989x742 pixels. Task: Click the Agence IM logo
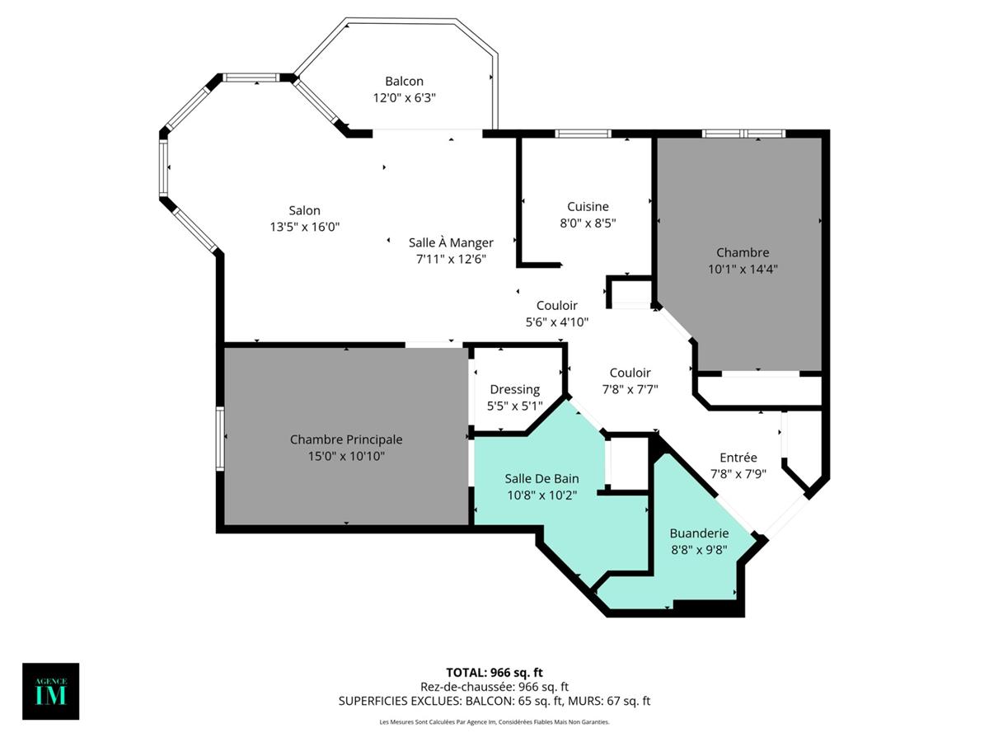[x=51, y=691]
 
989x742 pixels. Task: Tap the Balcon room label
[x=404, y=81]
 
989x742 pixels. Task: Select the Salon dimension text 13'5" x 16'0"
[x=305, y=226]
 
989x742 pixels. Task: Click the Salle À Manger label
[x=451, y=242]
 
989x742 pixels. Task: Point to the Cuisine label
[x=588, y=206]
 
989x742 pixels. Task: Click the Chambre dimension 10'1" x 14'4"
[x=743, y=268]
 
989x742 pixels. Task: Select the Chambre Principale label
[x=346, y=439]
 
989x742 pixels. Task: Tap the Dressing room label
[x=515, y=389]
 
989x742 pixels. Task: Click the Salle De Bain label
[x=541, y=478]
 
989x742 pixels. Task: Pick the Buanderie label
[x=698, y=533]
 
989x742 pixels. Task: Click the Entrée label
[x=738, y=458]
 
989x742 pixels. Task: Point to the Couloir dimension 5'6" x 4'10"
[x=557, y=322]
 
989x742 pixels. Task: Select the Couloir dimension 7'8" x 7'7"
[x=630, y=389]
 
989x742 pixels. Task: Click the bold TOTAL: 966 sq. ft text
[x=494, y=672]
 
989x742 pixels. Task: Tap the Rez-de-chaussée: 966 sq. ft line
[x=494, y=686]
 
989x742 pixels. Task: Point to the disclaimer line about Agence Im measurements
[x=494, y=722]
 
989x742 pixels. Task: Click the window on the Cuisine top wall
[x=583, y=134]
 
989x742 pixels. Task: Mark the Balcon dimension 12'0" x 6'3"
[x=404, y=97]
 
